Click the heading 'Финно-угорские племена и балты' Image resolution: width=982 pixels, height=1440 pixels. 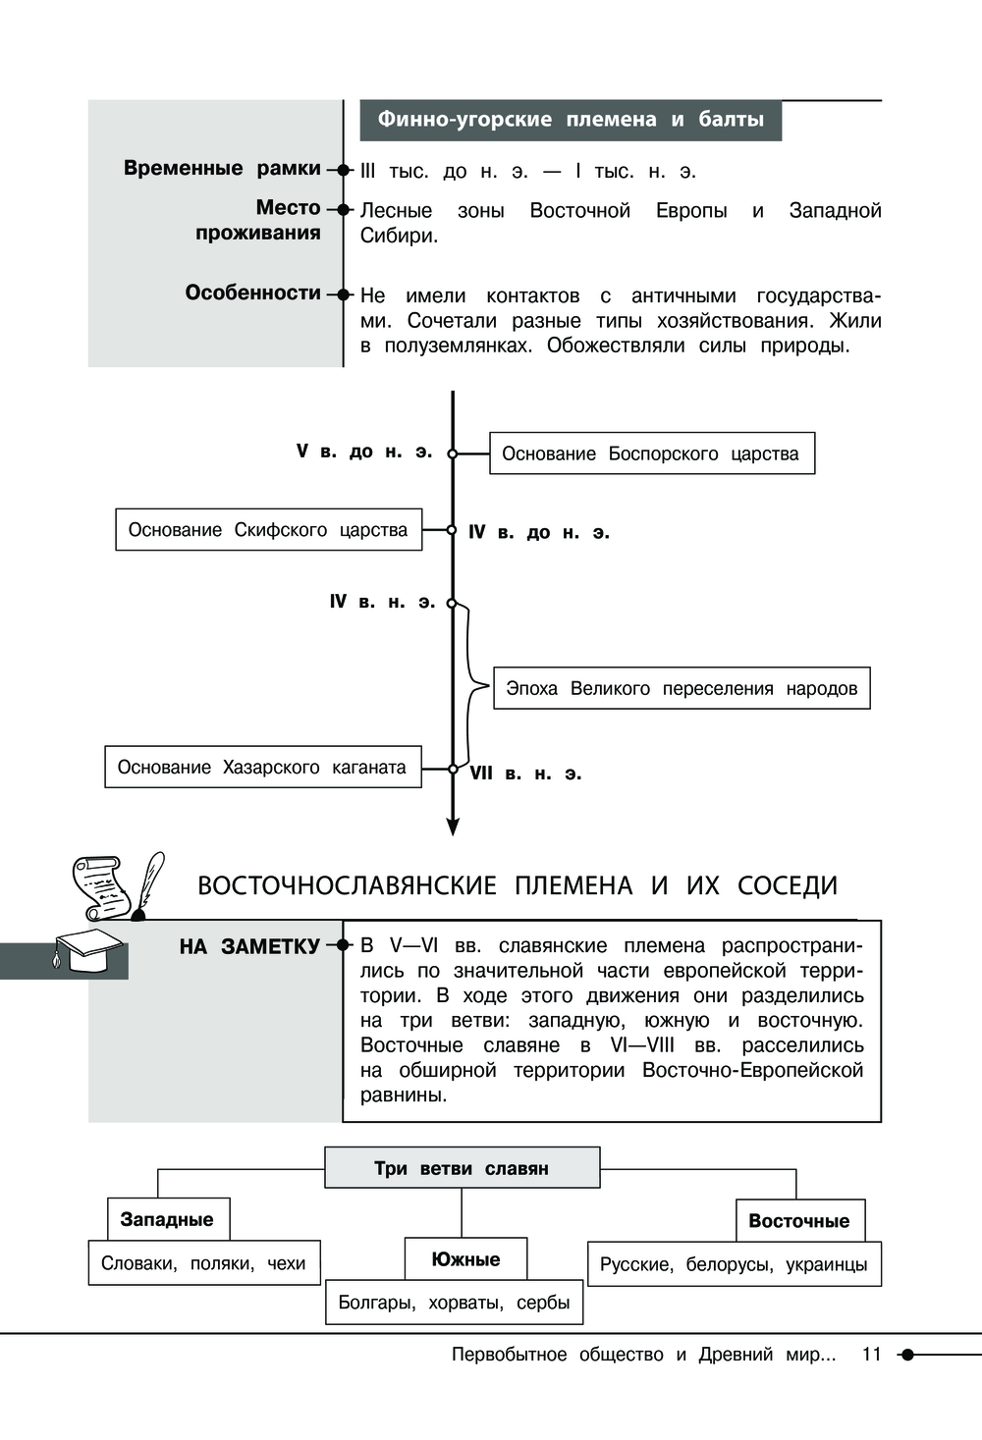571,120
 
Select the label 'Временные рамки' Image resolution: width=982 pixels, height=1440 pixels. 222,169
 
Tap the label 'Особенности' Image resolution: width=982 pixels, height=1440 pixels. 253,293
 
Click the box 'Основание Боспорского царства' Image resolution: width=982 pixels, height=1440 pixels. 651,453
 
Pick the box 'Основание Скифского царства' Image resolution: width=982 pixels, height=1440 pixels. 268,530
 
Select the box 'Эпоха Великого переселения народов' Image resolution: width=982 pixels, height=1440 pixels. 682,688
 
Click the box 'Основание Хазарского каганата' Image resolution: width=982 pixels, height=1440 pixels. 262,767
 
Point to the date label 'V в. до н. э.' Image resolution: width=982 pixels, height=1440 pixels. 364,452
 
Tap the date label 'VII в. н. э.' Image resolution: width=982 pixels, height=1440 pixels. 525,773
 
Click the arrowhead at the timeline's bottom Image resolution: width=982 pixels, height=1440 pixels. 453,827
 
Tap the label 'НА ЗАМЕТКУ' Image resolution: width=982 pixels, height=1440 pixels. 249,946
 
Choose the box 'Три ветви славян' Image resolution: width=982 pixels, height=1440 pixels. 462,1168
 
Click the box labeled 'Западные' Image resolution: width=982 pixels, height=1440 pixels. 167,1219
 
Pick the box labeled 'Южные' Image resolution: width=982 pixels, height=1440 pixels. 465,1259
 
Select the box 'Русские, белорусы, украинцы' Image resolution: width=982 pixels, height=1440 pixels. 734,1264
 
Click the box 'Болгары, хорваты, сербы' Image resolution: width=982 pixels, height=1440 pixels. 454,1303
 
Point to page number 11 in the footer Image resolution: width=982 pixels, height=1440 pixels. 871,1355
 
